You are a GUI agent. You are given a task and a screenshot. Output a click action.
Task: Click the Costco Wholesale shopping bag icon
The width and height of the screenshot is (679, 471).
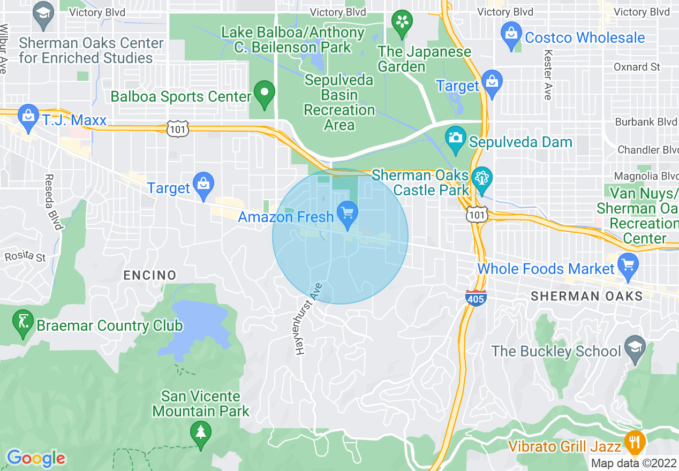(x=511, y=35)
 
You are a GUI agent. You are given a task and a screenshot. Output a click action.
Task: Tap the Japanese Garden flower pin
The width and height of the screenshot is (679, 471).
(x=401, y=23)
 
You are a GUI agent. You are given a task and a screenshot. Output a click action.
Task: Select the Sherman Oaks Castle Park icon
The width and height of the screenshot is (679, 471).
(x=482, y=177)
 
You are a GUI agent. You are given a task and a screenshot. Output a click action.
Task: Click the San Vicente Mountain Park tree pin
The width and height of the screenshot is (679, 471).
(x=201, y=432)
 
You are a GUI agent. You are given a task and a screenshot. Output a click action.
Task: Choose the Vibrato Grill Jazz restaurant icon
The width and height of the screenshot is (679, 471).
(x=635, y=443)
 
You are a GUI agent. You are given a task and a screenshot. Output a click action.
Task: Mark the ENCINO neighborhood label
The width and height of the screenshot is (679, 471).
(x=150, y=275)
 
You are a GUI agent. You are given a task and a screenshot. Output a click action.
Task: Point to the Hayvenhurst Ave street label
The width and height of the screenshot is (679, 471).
(x=308, y=318)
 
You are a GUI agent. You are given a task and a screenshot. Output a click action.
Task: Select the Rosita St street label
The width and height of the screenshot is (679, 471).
(x=25, y=256)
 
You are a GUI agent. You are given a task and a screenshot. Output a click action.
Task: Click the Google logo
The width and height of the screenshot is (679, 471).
(x=36, y=458)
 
